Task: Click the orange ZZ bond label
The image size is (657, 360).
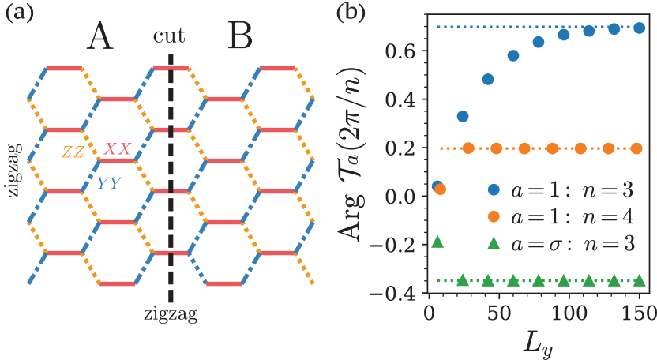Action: pyautogui.click(x=73, y=152)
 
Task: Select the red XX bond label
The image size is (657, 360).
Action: pyautogui.click(x=118, y=148)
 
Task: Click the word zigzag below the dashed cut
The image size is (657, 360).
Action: pyautogui.click(x=171, y=313)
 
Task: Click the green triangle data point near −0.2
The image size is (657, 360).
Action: pyautogui.click(x=437, y=242)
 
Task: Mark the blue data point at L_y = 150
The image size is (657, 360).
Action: pyautogui.click(x=640, y=28)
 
